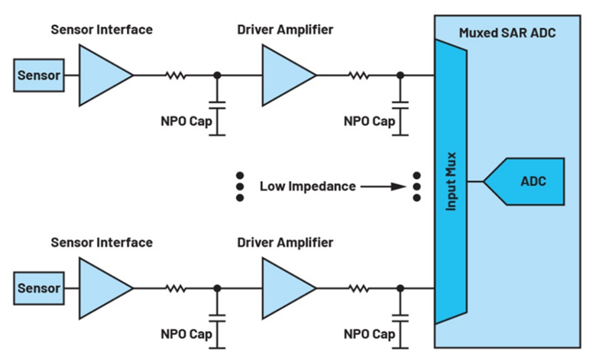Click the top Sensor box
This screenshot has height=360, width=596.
(38, 76)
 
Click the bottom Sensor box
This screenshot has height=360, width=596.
(38, 289)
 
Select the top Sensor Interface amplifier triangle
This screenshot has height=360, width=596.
(102, 75)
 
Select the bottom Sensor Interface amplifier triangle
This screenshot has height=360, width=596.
(102, 288)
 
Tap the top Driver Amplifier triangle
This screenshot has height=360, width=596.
(285, 75)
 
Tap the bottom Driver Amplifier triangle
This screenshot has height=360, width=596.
(285, 288)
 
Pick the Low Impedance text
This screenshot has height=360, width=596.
(308, 185)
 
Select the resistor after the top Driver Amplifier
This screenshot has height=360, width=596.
(357, 75)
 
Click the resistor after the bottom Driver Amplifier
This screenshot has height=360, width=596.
(357, 288)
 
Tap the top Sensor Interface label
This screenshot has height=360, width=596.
(102, 30)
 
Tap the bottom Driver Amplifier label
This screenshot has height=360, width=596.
(285, 243)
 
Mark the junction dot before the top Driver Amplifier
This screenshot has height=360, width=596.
(217, 75)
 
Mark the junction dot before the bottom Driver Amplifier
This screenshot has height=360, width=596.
(217, 288)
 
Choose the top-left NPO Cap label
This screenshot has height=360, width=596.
(186, 121)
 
